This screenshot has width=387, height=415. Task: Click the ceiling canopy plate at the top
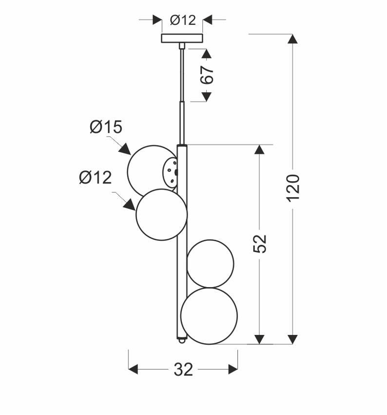point(182,38)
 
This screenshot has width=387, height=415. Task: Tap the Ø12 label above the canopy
point(183,20)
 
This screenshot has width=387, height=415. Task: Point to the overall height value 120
point(293,187)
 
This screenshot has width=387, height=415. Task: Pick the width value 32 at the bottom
point(183,370)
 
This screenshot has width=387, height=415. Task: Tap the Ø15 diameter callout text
point(106,127)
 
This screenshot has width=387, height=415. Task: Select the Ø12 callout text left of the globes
point(96,178)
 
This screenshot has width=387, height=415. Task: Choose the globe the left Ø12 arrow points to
point(161,215)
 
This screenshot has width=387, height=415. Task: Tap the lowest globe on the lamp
point(209,316)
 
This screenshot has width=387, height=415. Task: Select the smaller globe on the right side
point(211,264)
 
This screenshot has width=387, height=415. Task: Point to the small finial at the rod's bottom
point(182,342)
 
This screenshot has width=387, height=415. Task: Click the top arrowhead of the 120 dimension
point(292,39)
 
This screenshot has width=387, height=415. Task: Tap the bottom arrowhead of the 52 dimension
point(259,339)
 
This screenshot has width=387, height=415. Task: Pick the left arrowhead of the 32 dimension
point(133,370)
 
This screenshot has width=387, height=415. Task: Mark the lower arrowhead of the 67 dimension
point(206,97)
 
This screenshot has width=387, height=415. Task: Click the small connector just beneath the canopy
point(182,46)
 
